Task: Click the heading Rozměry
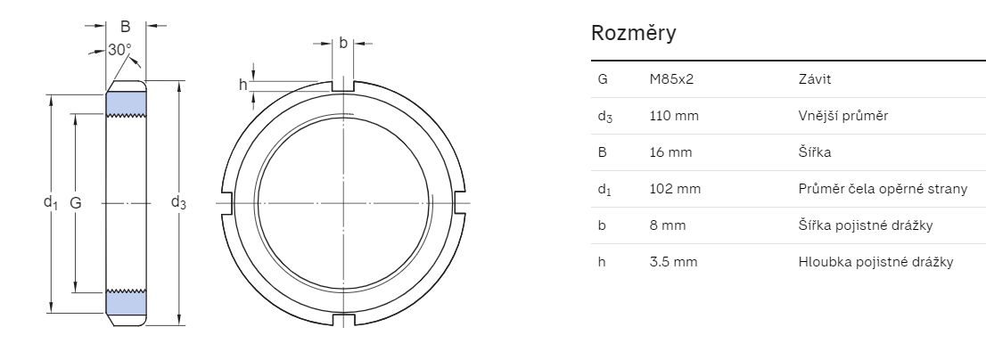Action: pyautogui.click(x=633, y=33)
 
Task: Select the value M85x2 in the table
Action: pyautogui.click(x=671, y=79)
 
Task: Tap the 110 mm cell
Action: pyautogui.click(x=674, y=116)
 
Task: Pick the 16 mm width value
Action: pyautogui.click(x=670, y=152)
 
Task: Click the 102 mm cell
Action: pyautogui.click(x=675, y=189)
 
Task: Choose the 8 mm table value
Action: pyautogui.click(x=667, y=225)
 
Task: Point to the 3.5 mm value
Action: pyautogui.click(x=673, y=261)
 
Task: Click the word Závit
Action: pyautogui.click(x=814, y=79)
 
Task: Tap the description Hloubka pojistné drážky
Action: pyautogui.click(x=876, y=261)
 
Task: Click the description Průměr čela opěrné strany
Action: pyautogui.click(x=883, y=189)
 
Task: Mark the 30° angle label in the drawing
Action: pyautogui.click(x=119, y=50)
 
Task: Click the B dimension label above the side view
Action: pyautogui.click(x=125, y=27)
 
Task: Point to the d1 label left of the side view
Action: pyautogui.click(x=50, y=202)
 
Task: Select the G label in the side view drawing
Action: pyautogui.click(x=76, y=203)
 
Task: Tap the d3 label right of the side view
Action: pyautogui.click(x=178, y=202)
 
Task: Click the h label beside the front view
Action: pyautogui.click(x=242, y=85)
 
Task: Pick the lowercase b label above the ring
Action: pyautogui.click(x=342, y=43)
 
